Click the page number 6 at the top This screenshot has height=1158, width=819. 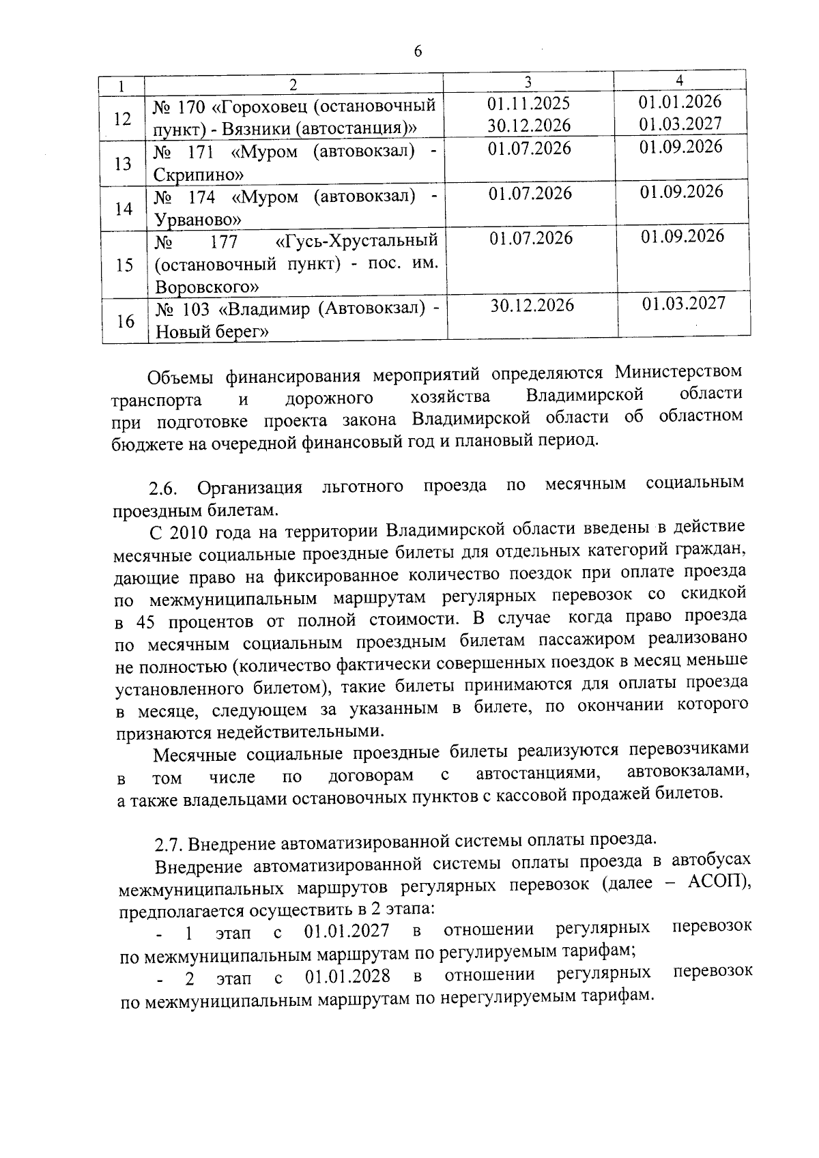(418, 52)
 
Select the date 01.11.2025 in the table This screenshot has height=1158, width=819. (529, 104)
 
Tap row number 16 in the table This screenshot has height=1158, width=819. (125, 321)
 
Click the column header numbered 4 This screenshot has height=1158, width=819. (680, 81)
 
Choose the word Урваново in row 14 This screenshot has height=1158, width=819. (197, 220)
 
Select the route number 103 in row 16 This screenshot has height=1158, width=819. (197, 309)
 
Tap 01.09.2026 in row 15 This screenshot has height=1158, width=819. (682, 236)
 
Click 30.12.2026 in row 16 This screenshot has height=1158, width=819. (532, 306)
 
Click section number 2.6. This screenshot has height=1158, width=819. (164, 489)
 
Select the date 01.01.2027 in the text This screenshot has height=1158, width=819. (347, 931)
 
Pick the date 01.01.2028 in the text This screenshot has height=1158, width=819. (347, 976)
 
